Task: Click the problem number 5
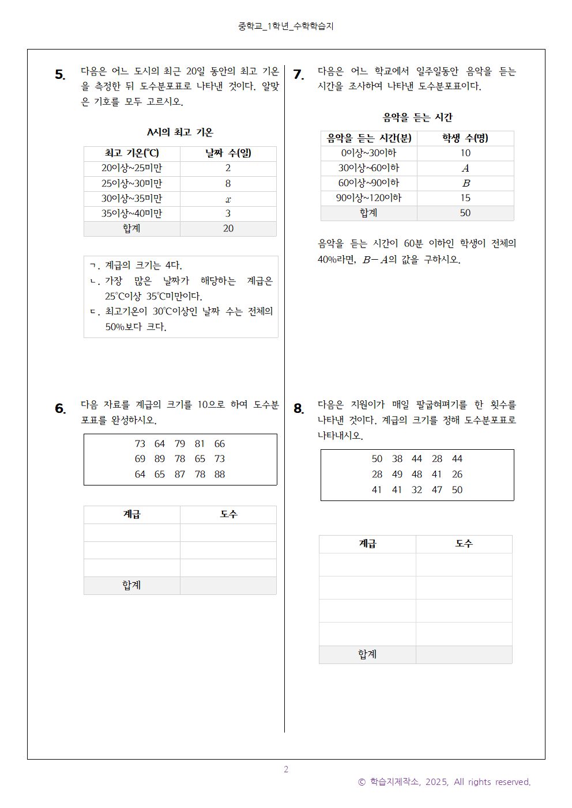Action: [x=60, y=74]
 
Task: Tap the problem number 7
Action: [x=298, y=74]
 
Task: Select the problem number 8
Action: [x=298, y=408]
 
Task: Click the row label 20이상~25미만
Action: [x=131, y=168]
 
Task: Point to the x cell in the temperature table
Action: [x=228, y=199]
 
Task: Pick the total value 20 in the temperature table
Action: [x=228, y=229]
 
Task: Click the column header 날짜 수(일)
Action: [x=228, y=153]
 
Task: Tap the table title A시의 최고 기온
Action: [x=180, y=132]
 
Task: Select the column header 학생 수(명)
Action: [x=465, y=138]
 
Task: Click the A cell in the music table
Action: [x=465, y=168]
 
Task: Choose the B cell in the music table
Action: [x=465, y=183]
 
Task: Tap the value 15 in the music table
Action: [x=465, y=198]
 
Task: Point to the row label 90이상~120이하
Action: [x=368, y=198]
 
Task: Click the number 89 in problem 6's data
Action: [x=160, y=459]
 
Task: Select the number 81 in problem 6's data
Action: [x=200, y=444]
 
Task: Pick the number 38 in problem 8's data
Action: [x=397, y=459]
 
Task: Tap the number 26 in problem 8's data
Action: [x=457, y=475]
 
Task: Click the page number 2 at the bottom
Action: [x=286, y=769]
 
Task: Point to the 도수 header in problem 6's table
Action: [x=228, y=514]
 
